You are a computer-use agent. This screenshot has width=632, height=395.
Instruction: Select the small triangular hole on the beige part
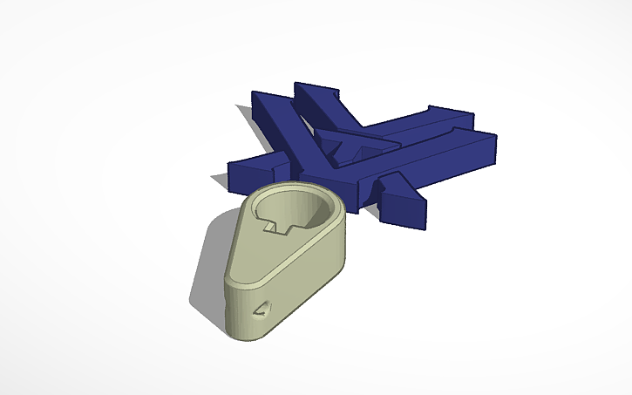click(260, 310)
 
